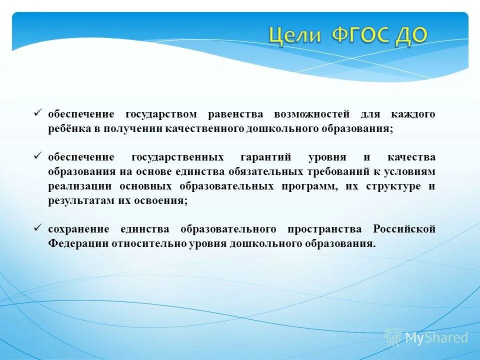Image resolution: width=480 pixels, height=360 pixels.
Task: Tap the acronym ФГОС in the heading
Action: pyautogui.click(x=361, y=36)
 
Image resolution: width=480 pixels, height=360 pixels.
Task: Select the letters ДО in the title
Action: pyautogui.click(x=412, y=36)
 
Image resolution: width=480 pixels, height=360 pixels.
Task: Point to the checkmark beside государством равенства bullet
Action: pyautogui.click(x=37, y=113)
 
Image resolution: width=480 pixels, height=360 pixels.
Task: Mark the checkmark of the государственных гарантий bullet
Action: pyautogui.click(x=37, y=156)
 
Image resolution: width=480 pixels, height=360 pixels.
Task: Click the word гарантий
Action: pyautogui.click(x=266, y=157)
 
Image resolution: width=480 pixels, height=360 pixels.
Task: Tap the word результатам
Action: pyautogui.click(x=75, y=201)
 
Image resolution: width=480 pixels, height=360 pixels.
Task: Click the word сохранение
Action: pyautogui.click(x=78, y=229)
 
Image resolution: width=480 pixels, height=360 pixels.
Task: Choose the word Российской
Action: pyautogui.click(x=404, y=229)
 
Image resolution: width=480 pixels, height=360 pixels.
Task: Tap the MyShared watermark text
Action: pyautogui.click(x=436, y=338)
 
